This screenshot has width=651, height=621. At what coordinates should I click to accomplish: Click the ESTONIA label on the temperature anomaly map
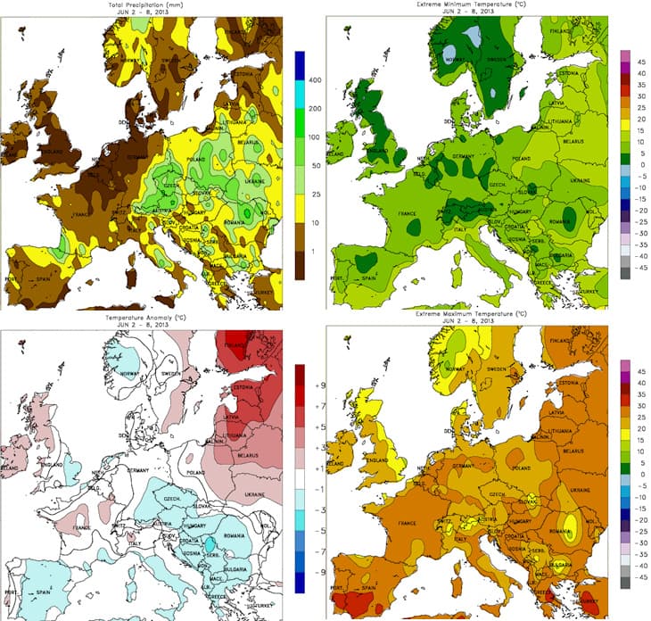pos(240,388)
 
